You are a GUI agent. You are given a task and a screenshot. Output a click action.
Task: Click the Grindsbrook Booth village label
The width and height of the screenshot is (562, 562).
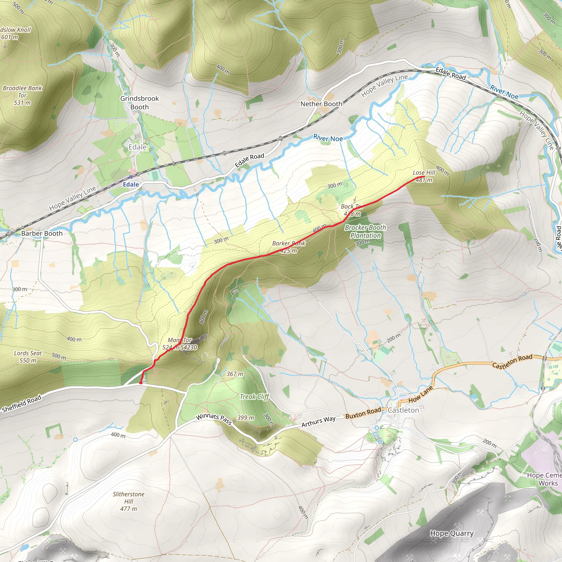click(139, 103)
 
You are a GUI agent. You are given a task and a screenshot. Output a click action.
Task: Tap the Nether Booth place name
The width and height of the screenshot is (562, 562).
click(321, 104)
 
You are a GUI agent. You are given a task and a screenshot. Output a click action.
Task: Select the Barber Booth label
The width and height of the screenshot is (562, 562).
click(42, 233)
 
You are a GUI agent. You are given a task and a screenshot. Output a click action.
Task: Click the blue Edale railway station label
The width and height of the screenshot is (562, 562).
click(131, 184)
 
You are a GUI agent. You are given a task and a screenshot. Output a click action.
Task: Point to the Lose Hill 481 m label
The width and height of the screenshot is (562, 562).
click(424, 176)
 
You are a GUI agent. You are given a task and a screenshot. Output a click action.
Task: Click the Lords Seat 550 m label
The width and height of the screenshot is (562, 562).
click(28, 357)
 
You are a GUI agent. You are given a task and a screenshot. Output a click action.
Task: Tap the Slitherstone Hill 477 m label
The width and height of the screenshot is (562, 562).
click(129, 501)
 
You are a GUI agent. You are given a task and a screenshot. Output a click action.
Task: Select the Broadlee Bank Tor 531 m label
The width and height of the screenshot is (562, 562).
click(23, 95)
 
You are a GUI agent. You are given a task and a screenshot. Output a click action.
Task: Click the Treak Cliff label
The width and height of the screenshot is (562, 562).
click(255, 397)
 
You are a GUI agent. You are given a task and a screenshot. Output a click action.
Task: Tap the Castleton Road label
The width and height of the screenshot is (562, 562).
click(512, 361)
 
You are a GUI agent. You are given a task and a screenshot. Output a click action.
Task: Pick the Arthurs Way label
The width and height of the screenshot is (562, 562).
click(318, 421)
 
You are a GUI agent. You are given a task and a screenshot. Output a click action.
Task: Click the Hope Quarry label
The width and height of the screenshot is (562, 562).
click(451, 533)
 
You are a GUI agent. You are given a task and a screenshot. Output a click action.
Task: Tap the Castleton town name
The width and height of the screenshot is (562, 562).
click(403, 410)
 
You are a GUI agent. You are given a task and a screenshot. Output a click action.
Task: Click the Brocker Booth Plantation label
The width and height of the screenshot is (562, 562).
click(365, 232)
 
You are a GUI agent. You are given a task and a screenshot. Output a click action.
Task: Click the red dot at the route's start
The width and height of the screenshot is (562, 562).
click(141, 383)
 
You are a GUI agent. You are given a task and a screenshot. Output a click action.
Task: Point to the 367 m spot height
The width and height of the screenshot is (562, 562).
click(235, 374)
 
